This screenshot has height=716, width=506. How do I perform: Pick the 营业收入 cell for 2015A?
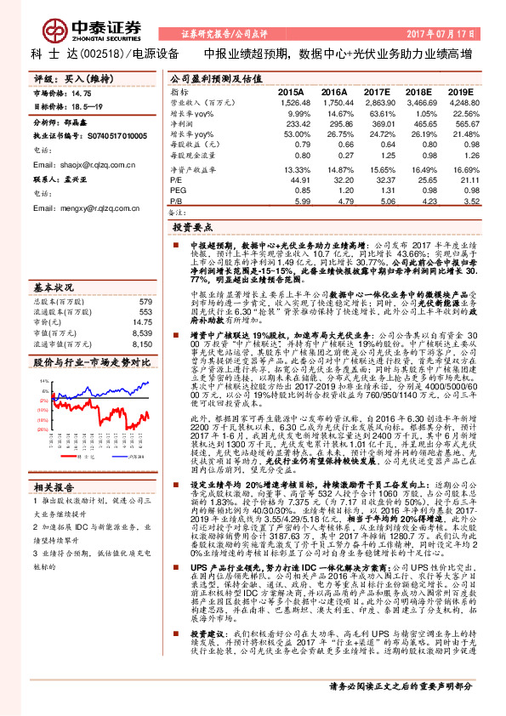pos(291,101)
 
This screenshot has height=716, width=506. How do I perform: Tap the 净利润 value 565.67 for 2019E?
pos(458,122)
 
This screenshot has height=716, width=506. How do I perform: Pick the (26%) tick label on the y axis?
pos(42,429)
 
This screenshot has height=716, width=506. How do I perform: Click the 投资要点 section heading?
pos(192,229)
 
